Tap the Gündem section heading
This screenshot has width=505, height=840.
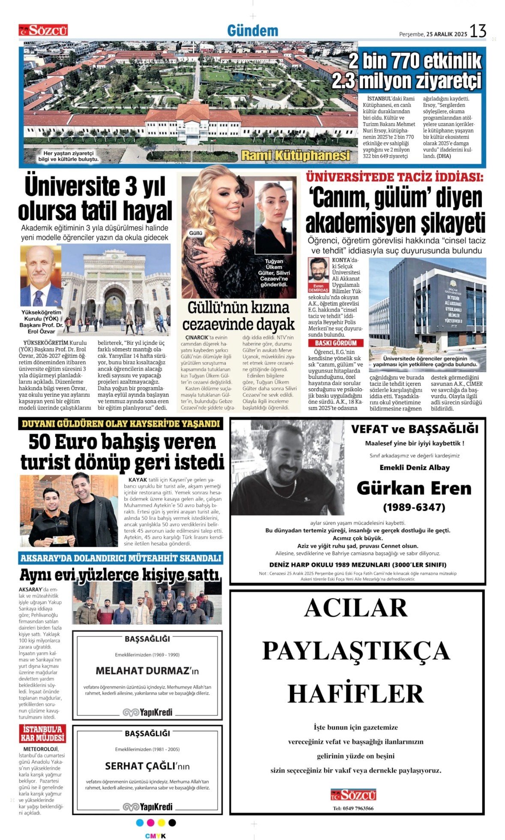tap(252, 31)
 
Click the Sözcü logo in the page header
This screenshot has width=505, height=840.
tap(43, 30)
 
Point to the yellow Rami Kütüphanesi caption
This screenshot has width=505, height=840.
tap(295, 155)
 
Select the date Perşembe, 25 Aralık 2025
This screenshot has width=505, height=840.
tap(433, 34)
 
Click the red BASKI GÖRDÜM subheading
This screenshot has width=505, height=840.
tap(335, 343)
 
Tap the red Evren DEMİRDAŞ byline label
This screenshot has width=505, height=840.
tap(318, 288)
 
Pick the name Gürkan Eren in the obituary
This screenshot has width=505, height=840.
tap(414, 488)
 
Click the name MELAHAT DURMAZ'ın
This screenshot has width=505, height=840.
tap(147, 670)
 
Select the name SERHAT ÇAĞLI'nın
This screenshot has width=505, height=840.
tap(147, 765)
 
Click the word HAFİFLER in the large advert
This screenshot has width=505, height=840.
tap(356, 694)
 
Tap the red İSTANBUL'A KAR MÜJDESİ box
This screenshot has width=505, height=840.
tap(42, 733)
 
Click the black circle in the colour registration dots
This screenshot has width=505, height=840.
tap(172, 822)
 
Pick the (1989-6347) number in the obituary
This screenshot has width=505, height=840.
tap(414, 507)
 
